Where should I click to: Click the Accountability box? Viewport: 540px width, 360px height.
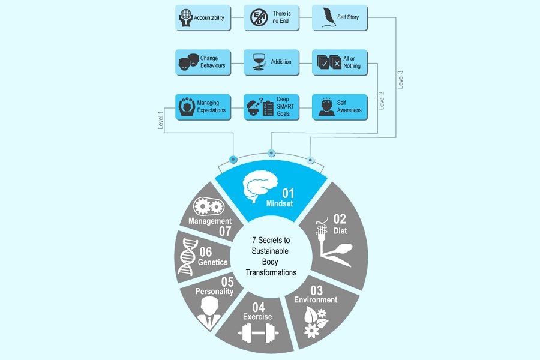(x=203, y=18)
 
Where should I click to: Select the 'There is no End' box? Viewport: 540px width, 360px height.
(x=271, y=18)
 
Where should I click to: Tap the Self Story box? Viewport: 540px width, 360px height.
(x=340, y=18)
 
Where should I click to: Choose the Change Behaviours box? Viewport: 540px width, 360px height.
(x=203, y=62)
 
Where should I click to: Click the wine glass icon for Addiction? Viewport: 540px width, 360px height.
(x=259, y=62)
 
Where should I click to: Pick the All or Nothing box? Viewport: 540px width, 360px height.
(x=340, y=62)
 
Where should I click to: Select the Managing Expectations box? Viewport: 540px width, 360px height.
(x=203, y=106)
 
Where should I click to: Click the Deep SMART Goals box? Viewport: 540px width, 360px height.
(x=271, y=106)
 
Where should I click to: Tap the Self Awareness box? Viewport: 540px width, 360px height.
(x=340, y=106)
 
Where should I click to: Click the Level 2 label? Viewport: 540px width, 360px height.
(x=382, y=100)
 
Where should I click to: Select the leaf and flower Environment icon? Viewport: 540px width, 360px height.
(x=315, y=322)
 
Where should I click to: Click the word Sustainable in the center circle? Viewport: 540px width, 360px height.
(x=271, y=251)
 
